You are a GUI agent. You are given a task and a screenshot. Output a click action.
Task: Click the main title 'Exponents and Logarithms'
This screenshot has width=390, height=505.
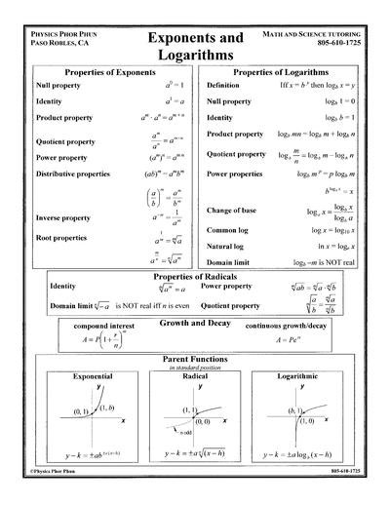[195, 45]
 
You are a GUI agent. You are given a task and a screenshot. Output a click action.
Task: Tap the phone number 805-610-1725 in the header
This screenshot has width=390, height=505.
[336, 44]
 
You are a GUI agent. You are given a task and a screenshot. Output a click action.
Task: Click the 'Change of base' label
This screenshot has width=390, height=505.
[234, 212]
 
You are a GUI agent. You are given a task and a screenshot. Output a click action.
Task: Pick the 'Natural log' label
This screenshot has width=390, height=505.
[230, 249]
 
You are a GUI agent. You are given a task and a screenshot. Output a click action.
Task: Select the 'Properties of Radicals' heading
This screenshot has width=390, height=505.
[194, 279]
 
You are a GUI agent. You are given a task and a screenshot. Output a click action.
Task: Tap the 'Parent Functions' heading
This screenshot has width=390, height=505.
[194, 361]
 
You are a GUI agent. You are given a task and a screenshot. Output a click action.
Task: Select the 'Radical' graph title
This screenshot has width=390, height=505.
[194, 376]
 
